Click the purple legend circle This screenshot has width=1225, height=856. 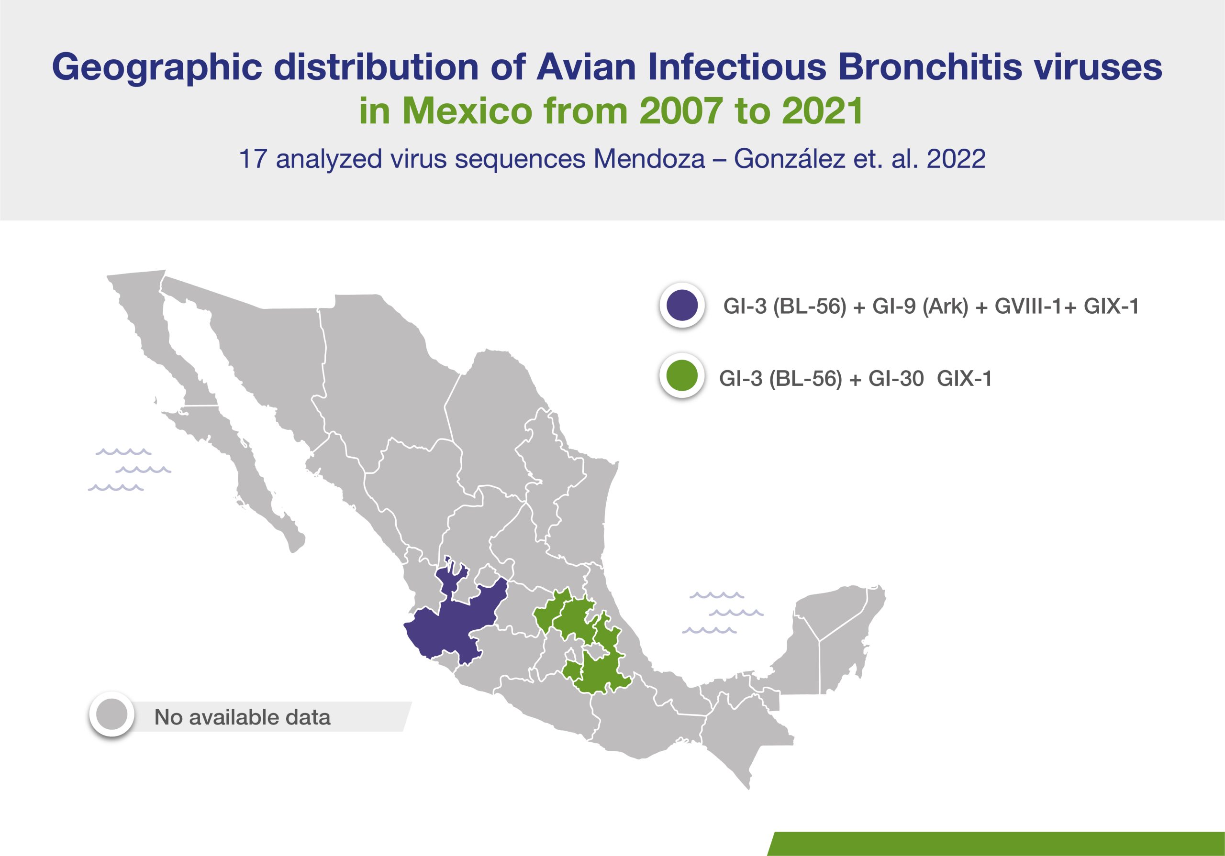pos(682,306)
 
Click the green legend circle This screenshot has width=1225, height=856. pos(682,376)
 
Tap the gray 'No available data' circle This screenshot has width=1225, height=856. pos(112,714)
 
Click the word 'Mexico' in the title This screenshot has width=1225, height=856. pos(467,111)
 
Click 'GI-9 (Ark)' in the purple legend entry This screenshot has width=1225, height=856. pos(920,307)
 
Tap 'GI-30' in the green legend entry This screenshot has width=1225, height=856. pos(896,379)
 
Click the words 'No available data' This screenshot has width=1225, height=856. pos(242,717)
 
